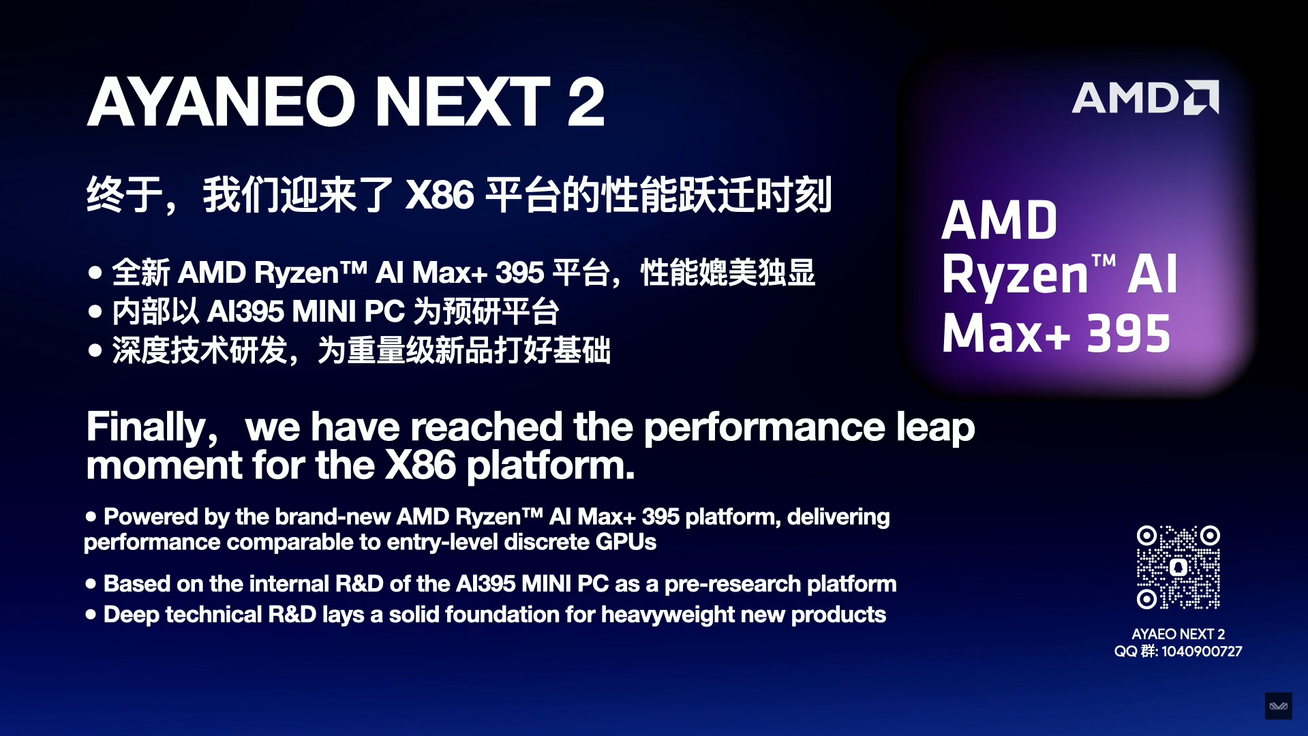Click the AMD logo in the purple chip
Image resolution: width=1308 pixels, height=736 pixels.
(1145, 98)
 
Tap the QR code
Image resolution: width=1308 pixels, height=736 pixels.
(1178, 567)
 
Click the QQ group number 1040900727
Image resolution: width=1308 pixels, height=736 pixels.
(1201, 651)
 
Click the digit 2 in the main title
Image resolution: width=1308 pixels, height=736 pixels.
(585, 102)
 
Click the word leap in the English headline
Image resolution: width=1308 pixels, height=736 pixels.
(935, 428)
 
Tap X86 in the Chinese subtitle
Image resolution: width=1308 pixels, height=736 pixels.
(440, 195)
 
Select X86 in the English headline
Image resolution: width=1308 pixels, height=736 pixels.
(420, 466)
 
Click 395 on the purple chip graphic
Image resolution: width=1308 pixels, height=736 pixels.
(1128, 334)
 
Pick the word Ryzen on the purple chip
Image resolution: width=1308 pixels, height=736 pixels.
(1015, 275)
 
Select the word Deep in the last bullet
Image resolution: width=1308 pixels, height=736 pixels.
(130, 615)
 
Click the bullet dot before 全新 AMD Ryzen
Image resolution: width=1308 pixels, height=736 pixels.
(95, 273)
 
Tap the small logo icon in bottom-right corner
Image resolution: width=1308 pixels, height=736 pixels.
(1278, 706)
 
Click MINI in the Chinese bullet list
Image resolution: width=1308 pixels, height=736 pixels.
(324, 312)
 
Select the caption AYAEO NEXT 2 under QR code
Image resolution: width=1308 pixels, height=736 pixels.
(1178, 634)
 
